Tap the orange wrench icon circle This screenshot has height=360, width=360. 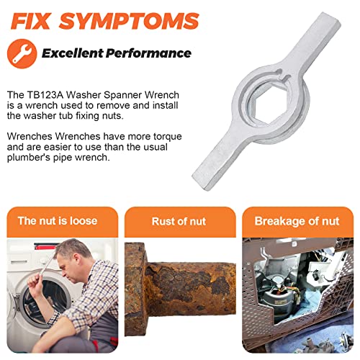[21, 53]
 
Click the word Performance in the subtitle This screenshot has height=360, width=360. [155, 53]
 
